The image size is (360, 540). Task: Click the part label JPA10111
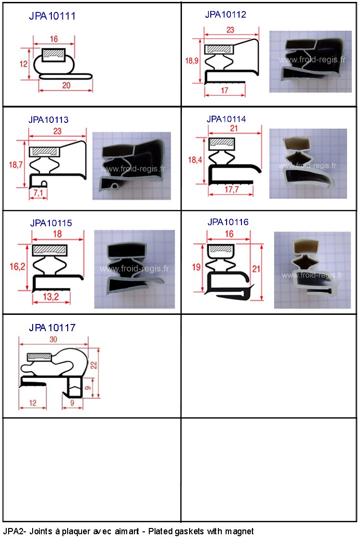click(52, 16)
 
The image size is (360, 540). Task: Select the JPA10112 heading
click(226, 14)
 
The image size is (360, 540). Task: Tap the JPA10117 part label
click(52, 327)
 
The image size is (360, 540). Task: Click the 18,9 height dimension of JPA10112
click(192, 61)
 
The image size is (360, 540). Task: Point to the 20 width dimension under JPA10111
click(66, 85)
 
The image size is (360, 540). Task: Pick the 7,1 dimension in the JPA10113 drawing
click(38, 193)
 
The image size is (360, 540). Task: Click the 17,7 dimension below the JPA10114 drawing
click(231, 190)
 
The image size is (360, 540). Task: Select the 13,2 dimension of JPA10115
click(51, 297)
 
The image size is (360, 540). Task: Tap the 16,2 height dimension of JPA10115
click(17, 266)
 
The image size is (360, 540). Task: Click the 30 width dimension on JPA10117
click(53, 339)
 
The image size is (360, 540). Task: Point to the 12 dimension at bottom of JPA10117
click(32, 403)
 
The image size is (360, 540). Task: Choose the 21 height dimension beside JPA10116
click(256, 269)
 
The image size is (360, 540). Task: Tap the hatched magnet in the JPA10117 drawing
click(39, 357)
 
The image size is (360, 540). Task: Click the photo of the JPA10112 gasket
click(311, 61)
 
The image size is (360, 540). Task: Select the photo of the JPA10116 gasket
click(312, 270)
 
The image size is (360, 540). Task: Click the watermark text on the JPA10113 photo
click(133, 169)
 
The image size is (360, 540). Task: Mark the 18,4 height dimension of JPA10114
click(195, 160)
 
